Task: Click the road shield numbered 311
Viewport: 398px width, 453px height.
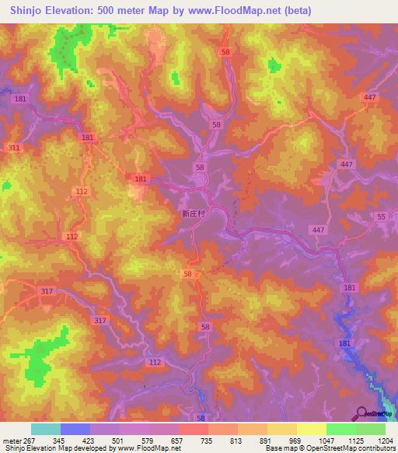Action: (13, 147)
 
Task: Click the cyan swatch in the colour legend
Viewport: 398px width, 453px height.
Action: (45, 429)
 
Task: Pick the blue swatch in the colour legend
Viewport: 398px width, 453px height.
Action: (75, 429)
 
